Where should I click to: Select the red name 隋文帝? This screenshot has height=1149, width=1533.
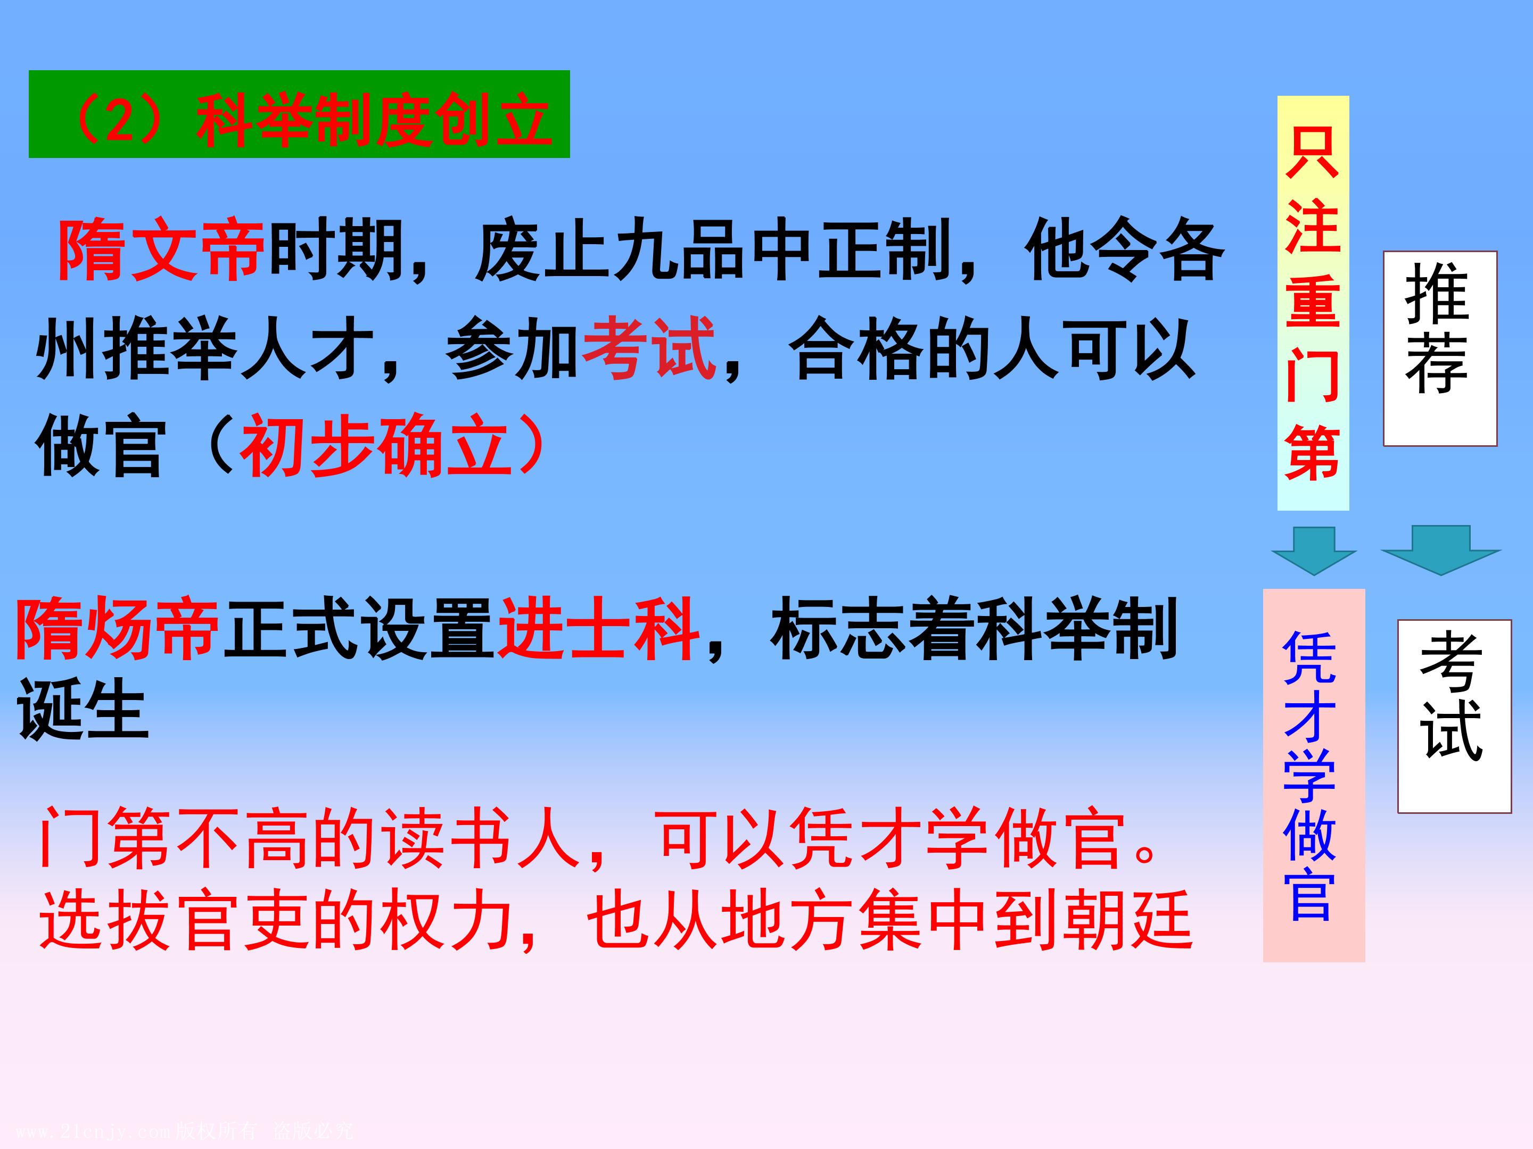click(x=161, y=251)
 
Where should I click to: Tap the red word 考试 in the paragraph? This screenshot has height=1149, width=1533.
click(x=649, y=348)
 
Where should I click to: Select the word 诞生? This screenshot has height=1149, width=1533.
click(x=83, y=709)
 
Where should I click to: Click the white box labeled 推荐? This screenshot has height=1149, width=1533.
click(x=1439, y=348)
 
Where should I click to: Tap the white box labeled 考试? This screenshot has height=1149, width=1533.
click(x=1453, y=715)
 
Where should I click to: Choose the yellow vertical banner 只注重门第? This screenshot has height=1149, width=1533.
click(x=1313, y=303)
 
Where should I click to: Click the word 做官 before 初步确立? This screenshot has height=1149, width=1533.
click(x=99, y=447)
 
